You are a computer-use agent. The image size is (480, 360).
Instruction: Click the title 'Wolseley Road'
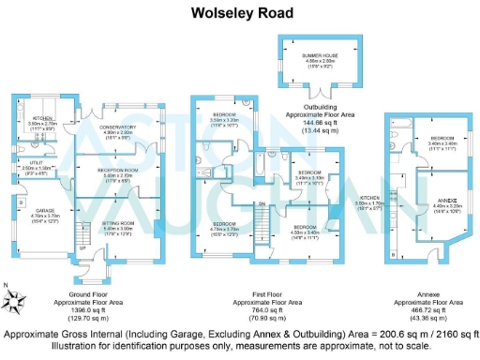click(239, 13)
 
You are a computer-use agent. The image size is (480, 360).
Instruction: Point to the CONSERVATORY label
click(120, 128)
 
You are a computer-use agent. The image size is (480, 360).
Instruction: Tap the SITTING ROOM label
click(119, 224)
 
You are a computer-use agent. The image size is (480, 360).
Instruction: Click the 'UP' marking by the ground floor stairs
click(82, 247)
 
